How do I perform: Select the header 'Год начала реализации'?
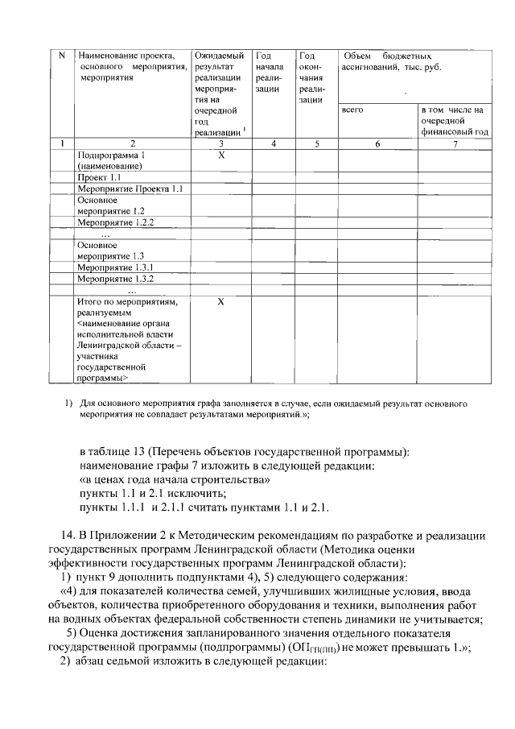[x=266, y=72]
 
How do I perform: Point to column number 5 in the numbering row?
[x=317, y=143]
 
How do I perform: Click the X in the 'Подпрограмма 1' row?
[x=220, y=154]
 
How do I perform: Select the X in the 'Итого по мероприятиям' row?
[x=220, y=302]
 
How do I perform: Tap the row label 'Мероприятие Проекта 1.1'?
[x=130, y=188]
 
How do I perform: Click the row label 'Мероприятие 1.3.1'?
[x=114, y=267]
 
